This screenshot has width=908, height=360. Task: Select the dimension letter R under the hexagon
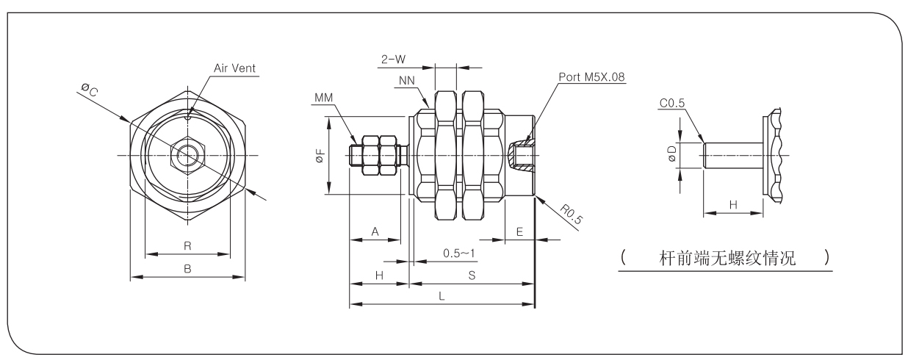point(187,245)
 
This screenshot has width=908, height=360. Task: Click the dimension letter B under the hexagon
point(187,269)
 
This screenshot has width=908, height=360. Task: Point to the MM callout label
point(323,98)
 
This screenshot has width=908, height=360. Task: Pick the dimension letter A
point(374,231)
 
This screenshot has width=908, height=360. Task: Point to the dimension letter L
point(440,295)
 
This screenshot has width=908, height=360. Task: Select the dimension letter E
point(519,231)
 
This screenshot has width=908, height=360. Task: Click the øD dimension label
point(671,155)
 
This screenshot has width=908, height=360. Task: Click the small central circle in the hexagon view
point(187,155)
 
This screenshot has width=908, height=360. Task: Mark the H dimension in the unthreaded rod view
point(733,206)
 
